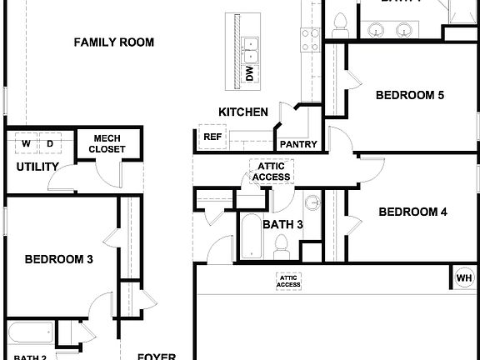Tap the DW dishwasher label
pos(249,73)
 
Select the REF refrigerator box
pos(212,137)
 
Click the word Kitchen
pos(243,112)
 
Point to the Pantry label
pos(297,144)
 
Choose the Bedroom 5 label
pos(409,95)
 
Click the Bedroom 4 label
pos(412,212)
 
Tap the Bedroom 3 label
pos(58,259)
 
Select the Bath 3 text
pos(282,224)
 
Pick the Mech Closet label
pos(109,144)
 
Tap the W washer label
pos(26,144)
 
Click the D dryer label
pos(50,144)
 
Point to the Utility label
pos(37,167)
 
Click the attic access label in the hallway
pos(272,172)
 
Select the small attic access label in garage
pos(288,281)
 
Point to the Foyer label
pos(157,356)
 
